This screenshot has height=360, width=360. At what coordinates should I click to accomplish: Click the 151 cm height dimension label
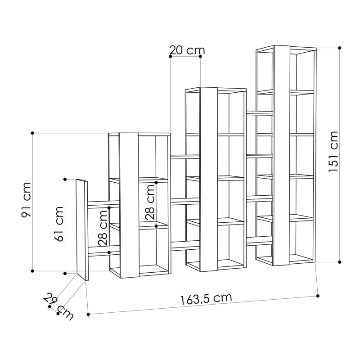pos(333,151)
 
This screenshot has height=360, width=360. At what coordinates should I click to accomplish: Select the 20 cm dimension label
pos(187,50)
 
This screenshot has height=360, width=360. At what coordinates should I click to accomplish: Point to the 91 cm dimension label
pos(26,200)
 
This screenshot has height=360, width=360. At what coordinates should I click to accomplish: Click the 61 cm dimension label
pos(59,224)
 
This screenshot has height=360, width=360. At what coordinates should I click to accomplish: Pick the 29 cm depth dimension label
pos(58,306)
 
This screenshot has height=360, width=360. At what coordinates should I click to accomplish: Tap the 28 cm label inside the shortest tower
pos(150,202)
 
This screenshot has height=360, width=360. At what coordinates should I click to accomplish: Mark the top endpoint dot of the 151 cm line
pos(340,48)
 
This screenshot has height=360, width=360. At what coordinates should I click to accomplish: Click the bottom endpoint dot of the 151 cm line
pos(340,262)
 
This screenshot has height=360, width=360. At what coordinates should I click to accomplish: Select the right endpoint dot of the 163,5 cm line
pos(318,296)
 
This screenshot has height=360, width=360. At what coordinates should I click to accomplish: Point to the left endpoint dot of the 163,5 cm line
pos(88,314)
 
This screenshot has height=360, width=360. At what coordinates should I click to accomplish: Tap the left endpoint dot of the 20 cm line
pos(171,56)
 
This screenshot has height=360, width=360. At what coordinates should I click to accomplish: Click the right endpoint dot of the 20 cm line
pos(200,56)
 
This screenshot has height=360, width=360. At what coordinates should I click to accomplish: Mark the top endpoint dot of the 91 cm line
pos(32,133)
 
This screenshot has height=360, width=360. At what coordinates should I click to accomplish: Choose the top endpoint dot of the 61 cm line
pos(65,179)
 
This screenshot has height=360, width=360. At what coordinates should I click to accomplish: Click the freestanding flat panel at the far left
pos(82,229)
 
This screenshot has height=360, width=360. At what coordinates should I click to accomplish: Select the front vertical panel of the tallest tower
pos(282,155)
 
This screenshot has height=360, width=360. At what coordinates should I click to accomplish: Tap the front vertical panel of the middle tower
pos(209,179)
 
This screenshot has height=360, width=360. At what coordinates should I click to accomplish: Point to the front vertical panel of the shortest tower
pos(129,206)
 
